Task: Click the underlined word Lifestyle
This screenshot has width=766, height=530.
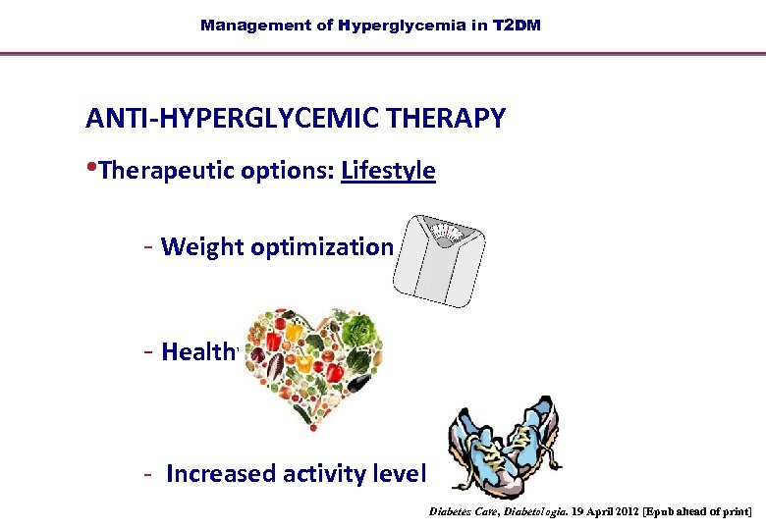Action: click(388, 171)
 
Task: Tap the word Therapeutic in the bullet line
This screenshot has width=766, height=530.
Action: click(162, 171)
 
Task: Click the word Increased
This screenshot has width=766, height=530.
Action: click(221, 474)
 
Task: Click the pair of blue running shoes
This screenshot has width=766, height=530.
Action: click(503, 446)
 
